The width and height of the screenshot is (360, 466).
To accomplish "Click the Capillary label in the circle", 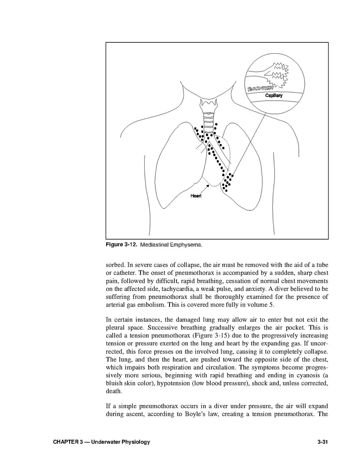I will tap(274, 95).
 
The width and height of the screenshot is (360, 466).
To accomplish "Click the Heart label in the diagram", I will tap(196, 196).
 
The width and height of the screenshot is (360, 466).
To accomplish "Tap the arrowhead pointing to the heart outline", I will tap(208, 186).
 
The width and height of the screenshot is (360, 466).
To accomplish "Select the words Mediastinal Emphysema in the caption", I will tap(171, 245).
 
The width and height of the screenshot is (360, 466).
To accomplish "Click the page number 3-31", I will tap(323, 442).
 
